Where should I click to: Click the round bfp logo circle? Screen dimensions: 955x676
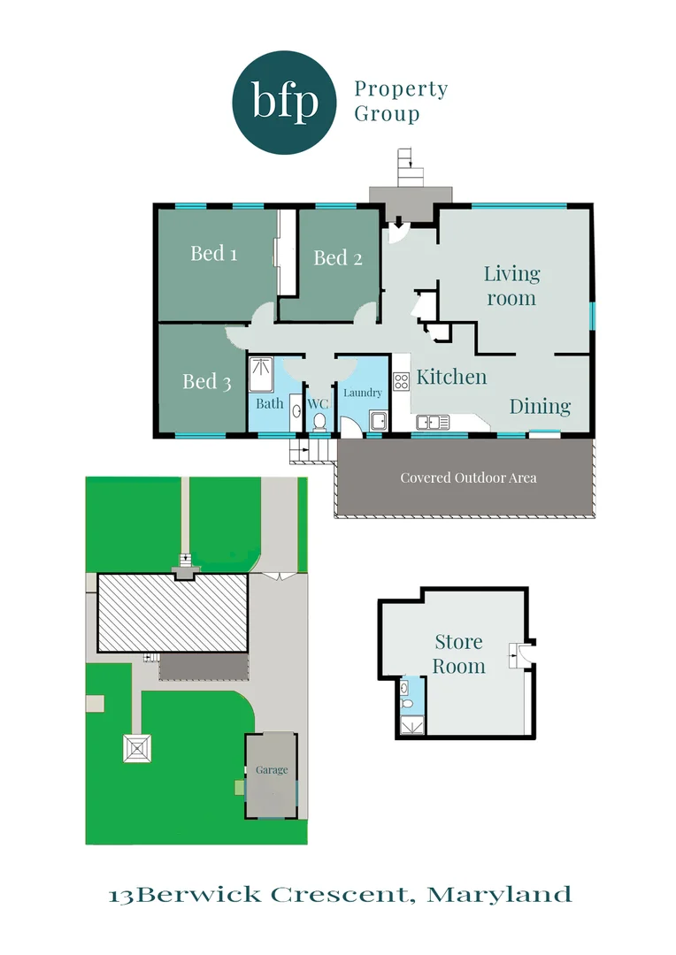pyautogui.click(x=285, y=103)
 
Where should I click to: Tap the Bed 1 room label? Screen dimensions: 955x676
pyautogui.click(x=213, y=254)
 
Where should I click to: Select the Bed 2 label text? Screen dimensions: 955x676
pyautogui.click(x=337, y=257)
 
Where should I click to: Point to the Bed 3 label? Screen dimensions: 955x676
pyautogui.click(x=206, y=381)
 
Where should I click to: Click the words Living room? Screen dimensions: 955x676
pyautogui.click(x=511, y=286)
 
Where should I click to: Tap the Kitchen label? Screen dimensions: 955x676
pyautogui.click(x=451, y=377)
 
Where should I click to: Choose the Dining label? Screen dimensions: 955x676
pyautogui.click(x=540, y=406)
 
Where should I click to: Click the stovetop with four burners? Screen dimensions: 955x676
pyautogui.click(x=401, y=382)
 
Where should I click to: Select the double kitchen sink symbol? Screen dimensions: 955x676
pyautogui.click(x=433, y=422)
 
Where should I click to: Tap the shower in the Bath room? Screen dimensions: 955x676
pyautogui.click(x=261, y=373)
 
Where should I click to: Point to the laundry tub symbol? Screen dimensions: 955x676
pyautogui.click(x=379, y=420)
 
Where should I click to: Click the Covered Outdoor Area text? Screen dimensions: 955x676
pyautogui.click(x=468, y=477)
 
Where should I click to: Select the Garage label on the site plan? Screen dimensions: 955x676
pyautogui.click(x=272, y=769)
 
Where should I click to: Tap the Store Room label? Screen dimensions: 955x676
pyautogui.click(x=458, y=653)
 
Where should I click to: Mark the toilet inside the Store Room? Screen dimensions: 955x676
pyautogui.click(x=406, y=688)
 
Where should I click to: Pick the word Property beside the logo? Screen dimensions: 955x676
pyautogui.click(x=401, y=89)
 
